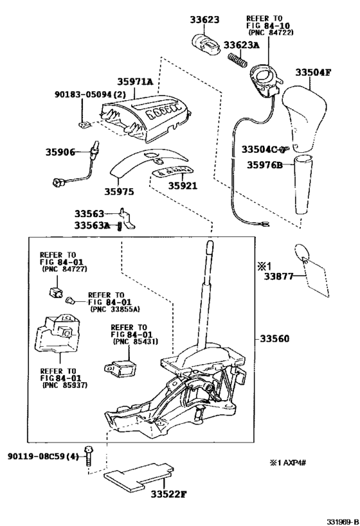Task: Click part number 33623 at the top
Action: point(203,20)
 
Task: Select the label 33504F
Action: point(313,72)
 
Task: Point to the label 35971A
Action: point(136,82)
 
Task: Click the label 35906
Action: point(60,152)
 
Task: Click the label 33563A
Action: point(92,225)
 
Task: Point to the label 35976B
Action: point(265,164)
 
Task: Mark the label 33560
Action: point(275,338)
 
